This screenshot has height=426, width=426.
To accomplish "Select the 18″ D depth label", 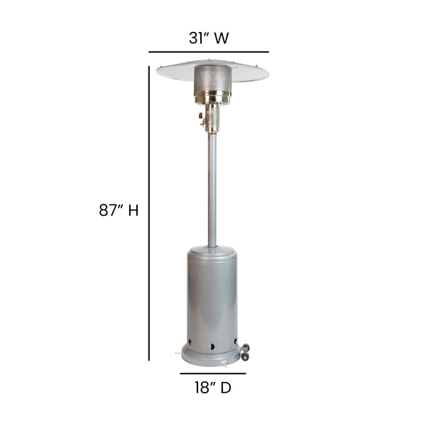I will coord(212,388).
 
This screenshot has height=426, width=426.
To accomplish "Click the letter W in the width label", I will coord(227,36).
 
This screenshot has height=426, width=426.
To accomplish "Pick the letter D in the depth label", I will coord(226,388).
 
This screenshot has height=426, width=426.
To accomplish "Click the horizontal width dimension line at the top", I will coord(209,52).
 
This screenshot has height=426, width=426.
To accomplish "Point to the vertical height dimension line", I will coord(149,213).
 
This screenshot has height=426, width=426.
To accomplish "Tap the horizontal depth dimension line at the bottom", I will coord(212,373).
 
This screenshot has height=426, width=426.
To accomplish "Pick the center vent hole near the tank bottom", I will coord(211,346).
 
